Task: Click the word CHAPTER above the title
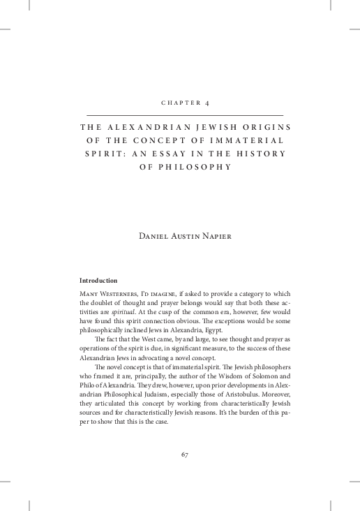(x=179, y=103)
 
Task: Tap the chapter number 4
(x=207, y=103)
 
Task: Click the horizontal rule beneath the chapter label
(x=184, y=114)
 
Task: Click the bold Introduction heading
(x=98, y=281)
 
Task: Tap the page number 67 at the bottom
(x=185, y=454)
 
